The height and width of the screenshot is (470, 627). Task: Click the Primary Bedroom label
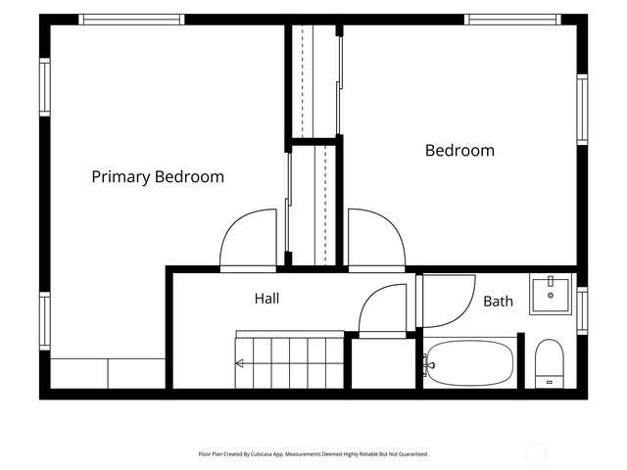(x=158, y=176)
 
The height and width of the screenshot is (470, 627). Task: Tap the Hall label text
(x=266, y=298)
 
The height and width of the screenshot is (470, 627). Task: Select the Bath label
(x=498, y=301)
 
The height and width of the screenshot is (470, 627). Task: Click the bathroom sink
(x=551, y=294)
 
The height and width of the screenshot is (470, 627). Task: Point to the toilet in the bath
(x=549, y=363)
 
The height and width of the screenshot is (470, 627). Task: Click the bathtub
(x=470, y=363)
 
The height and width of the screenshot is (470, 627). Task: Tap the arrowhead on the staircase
(x=239, y=363)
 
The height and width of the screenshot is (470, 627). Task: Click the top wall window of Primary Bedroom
(x=131, y=20)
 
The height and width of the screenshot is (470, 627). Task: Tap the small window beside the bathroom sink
(x=582, y=310)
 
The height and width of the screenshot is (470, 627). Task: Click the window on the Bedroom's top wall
(x=512, y=20)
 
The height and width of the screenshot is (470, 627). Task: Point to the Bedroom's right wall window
(x=582, y=110)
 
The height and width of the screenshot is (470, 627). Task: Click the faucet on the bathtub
(x=429, y=365)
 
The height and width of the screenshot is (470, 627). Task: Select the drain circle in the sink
(x=551, y=296)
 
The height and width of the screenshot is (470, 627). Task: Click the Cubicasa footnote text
(x=313, y=454)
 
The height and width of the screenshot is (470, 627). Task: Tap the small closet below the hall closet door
(x=383, y=363)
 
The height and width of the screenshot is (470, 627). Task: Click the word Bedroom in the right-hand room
(x=459, y=151)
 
